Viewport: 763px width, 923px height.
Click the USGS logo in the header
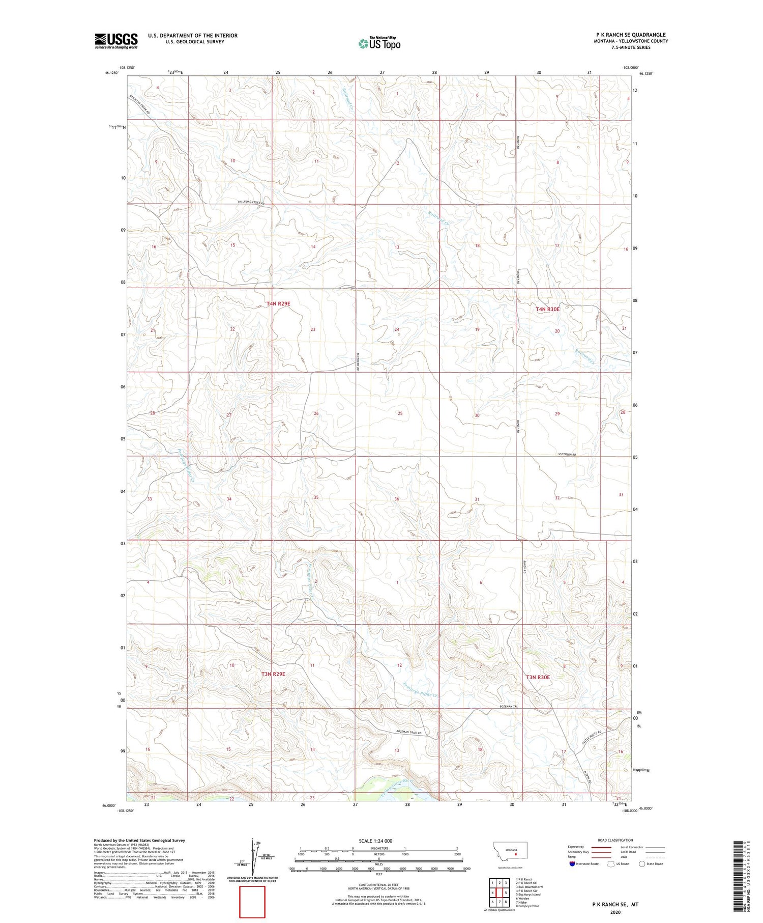pos(116,41)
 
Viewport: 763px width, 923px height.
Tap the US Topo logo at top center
pos(379,44)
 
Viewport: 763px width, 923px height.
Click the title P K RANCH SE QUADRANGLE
pos(631,35)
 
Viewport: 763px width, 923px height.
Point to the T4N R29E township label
pos(278,304)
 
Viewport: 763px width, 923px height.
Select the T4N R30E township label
pos(547,309)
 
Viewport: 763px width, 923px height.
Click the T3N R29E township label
pos(273,674)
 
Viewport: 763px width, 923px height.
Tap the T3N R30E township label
pos(538,677)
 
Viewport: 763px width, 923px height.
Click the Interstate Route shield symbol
pos(572,863)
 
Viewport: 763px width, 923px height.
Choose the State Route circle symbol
pos(642,863)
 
